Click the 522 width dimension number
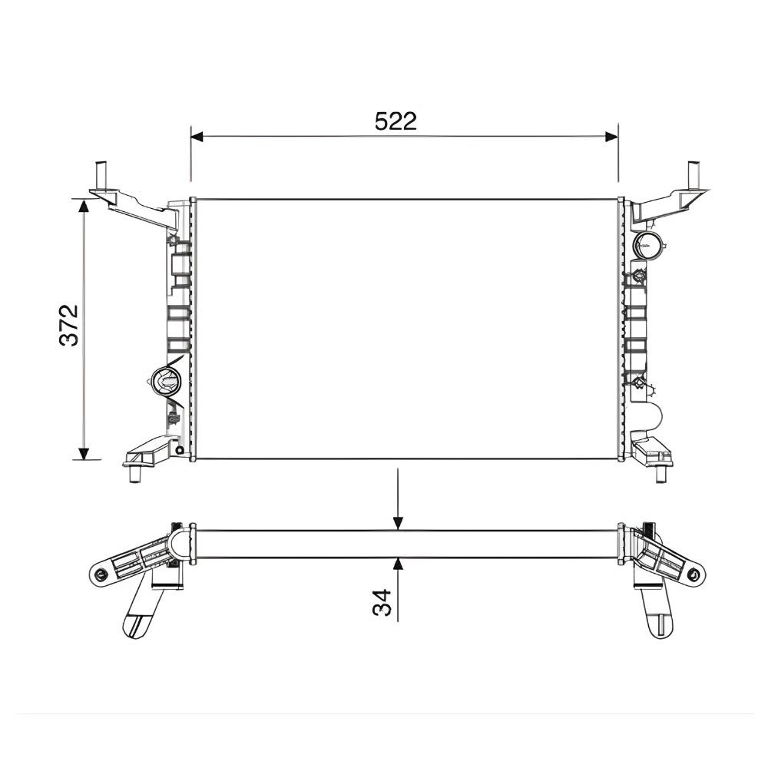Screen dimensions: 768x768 (396, 121)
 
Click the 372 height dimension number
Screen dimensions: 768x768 (68, 325)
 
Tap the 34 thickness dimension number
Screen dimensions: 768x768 (382, 602)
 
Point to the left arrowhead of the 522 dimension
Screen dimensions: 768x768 (197, 137)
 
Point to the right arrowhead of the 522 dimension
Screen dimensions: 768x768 (612, 137)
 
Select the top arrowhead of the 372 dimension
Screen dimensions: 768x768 (84, 206)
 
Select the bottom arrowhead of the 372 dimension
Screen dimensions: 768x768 (84, 454)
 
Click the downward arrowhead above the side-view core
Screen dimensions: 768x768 (398, 524)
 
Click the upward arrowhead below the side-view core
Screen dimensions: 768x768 (398, 564)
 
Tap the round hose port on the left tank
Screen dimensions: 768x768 (166, 380)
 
